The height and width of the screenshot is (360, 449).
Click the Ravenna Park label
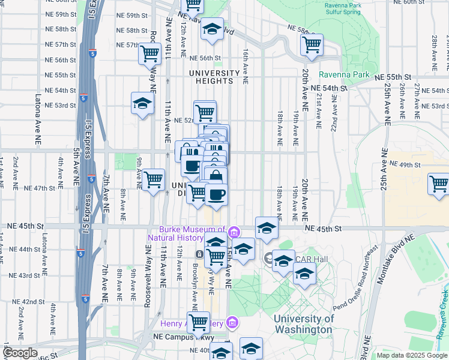344,75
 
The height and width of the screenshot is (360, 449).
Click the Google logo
20,353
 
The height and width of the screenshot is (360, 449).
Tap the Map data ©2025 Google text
411,355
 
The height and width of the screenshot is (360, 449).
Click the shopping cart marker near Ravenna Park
312,44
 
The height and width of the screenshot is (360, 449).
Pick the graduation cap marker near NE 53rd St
142,104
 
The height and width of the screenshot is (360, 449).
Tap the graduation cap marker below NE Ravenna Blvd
211,28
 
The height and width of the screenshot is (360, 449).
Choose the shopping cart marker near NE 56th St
149,54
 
